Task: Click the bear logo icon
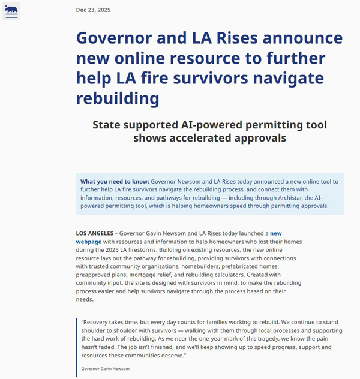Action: [11, 10]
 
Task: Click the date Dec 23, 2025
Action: [93, 10]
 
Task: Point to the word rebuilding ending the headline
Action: [118, 98]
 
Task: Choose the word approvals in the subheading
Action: [256, 138]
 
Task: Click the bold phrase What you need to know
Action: [114, 181]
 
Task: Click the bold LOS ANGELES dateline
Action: [93, 233]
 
